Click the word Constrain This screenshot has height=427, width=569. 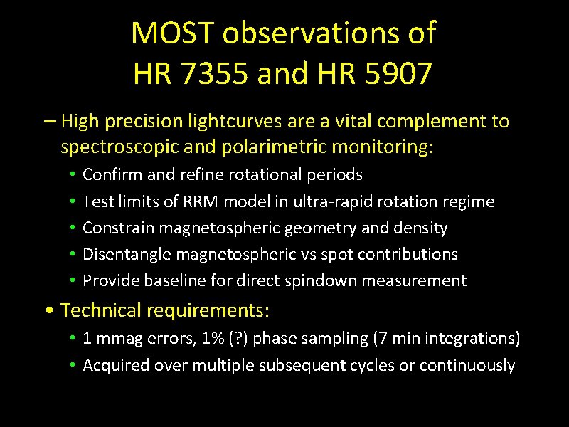pos(118,228)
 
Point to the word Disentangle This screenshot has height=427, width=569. pos(124,254)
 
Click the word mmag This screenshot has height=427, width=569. pos(114,339)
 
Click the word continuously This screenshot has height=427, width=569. pos(467,365)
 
